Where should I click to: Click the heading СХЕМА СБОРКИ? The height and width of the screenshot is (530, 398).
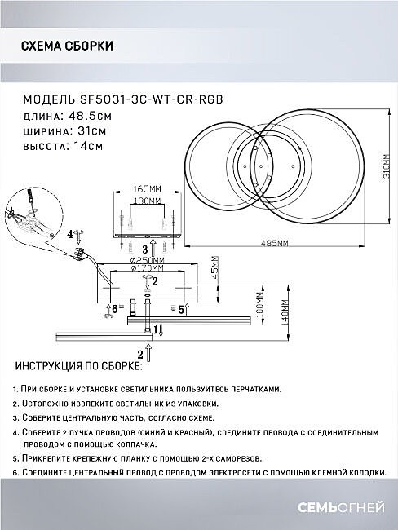67,46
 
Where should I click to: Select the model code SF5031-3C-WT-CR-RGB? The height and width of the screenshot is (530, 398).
151,99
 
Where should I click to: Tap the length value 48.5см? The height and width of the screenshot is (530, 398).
90,116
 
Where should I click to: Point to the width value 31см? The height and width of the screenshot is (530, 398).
92,130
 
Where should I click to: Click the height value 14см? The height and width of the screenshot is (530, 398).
88,146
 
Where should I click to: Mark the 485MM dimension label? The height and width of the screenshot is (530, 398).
274,243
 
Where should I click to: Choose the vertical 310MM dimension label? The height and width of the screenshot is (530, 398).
386,166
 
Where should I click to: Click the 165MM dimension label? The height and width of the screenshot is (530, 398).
147,188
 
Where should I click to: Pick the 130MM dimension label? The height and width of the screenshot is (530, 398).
147,201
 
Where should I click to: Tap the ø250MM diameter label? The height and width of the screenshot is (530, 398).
147,261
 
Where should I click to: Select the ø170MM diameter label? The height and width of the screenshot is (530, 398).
147,268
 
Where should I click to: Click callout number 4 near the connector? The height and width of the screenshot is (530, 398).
70,234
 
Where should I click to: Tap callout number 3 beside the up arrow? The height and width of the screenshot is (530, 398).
145,250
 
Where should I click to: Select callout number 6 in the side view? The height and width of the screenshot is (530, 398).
115,308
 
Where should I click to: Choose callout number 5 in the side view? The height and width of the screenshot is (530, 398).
181,309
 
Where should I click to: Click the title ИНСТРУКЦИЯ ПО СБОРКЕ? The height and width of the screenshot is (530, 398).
78,366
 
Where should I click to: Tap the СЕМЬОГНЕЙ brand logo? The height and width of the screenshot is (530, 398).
341,507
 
